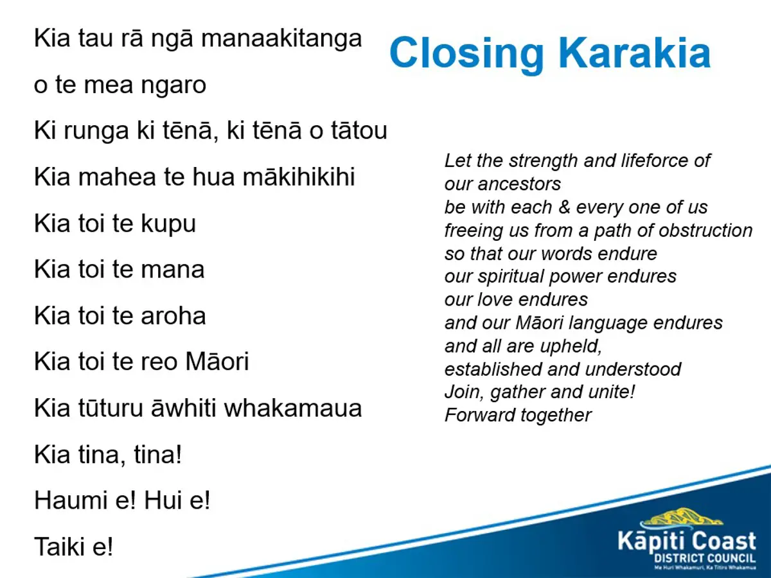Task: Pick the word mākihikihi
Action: coord(299,176)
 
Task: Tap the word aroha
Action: coord(173,315)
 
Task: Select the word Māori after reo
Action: coord(217,361)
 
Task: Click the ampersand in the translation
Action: coord(564,207)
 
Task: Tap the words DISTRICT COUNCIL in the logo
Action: coord(705,558)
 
